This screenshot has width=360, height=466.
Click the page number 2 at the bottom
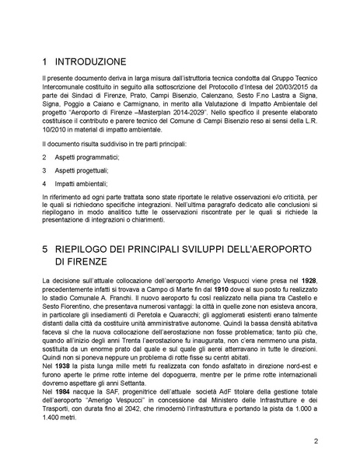pyautogui.click(x=316, y=442)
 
